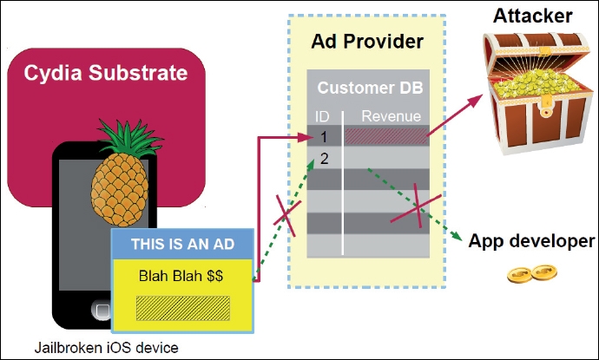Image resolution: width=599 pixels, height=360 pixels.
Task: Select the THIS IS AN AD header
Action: (184, 245)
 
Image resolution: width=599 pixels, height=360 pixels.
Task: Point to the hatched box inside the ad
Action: (183, 308)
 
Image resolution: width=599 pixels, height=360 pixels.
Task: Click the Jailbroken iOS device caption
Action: (107, 348)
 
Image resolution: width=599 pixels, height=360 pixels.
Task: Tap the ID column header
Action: (323, 116)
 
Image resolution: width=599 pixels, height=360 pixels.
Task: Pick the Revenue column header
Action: (391, 116)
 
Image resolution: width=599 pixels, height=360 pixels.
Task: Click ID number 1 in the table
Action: (324, 135)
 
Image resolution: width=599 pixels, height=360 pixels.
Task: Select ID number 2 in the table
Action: (324, 158)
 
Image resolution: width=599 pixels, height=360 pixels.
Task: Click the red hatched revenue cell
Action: (385, 135)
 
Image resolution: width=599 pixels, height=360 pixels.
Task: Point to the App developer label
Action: (532, 241)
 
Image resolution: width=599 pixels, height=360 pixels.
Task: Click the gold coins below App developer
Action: (532, 272)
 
